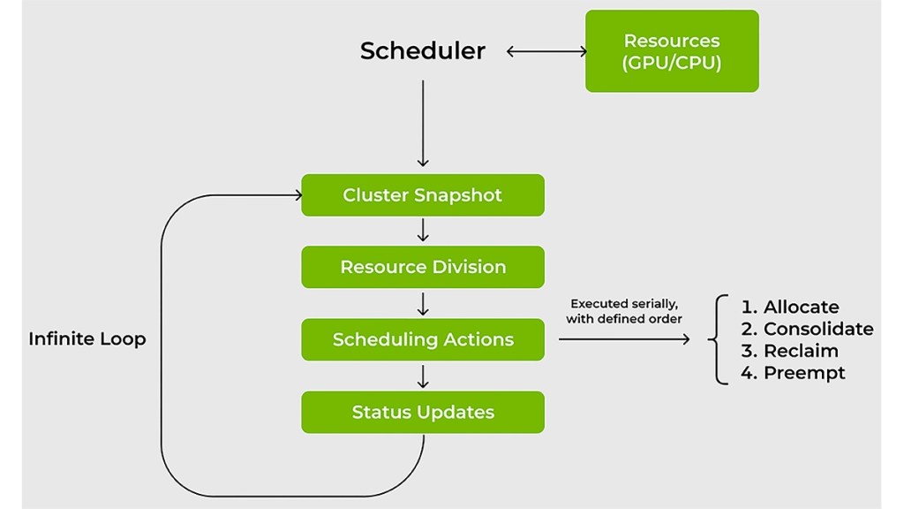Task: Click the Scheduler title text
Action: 422,51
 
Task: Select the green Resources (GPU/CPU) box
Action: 672,51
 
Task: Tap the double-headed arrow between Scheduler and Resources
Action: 546,51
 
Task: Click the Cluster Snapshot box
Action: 422,195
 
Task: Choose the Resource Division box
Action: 422,267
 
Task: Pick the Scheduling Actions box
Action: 422,339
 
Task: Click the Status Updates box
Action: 422,412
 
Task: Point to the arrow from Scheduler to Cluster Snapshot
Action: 423,124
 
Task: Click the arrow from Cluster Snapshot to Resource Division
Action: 423,230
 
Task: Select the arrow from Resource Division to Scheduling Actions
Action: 423,303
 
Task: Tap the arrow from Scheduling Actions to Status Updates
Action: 423,376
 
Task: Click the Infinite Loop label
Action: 87,338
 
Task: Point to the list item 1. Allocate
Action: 790,307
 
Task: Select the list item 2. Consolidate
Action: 807,329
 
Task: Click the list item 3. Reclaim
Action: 789,351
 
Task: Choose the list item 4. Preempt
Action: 793,373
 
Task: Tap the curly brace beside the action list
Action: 719,339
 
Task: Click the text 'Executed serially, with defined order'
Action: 623,311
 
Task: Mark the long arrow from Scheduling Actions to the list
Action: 623,338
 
